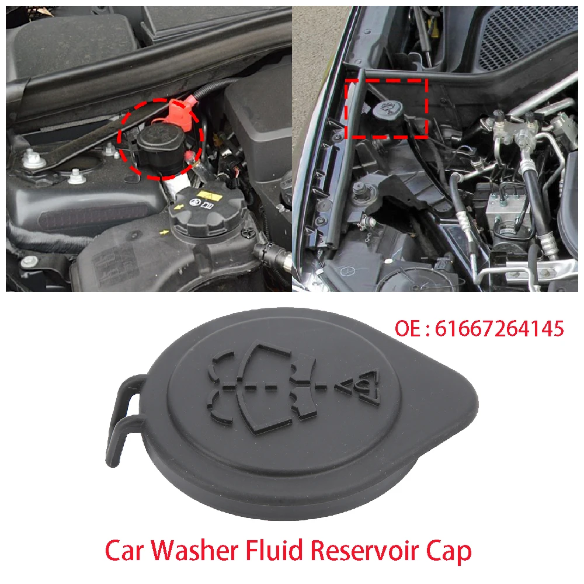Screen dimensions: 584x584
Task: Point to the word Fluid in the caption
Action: coord(280,550)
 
